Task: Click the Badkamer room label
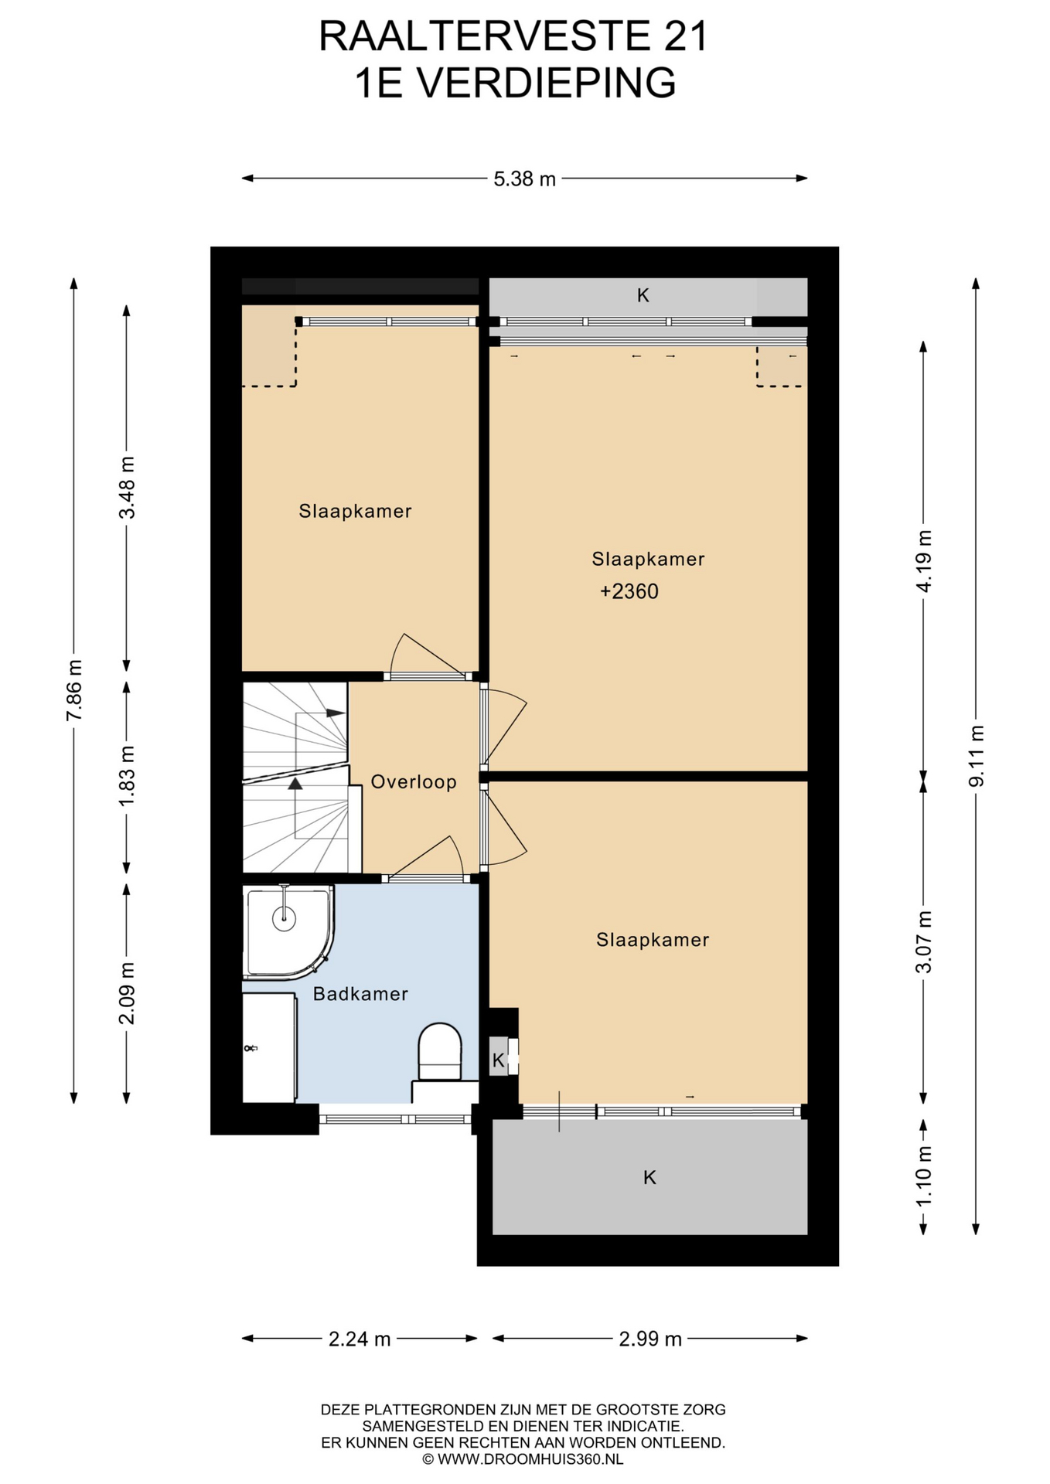[x=360, y=993]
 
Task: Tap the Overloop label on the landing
[x=414, y=781]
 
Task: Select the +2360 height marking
[x=629, y=591]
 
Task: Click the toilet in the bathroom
[x=439, y=1052]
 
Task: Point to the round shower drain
[x=285, y=917]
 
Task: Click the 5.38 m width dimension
[x=525, y=179]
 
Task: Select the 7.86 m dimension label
[x=74, y=690]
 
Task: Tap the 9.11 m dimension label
[x=977, y=756]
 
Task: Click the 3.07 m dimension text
[x=923, y=942]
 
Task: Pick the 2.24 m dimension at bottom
[x=360, y=1339]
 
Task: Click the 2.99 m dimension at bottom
[x=650, y=1339]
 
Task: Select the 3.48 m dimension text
[x=127, y=488]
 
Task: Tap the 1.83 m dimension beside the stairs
[x=127, y=776]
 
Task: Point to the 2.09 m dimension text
[x=127, y=993]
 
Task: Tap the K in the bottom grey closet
[x=649, y=1177]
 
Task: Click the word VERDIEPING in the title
[x=547, y=83]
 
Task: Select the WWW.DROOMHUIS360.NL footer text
[x=530, y=1459]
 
